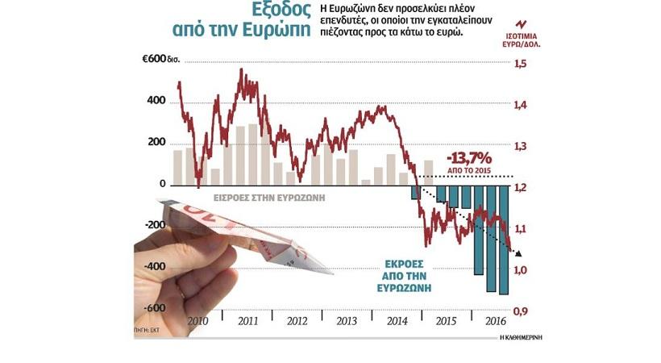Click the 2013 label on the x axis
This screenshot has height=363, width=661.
click(347, 321)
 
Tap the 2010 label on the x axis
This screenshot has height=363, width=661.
click(197, 321)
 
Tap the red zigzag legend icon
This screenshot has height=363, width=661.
click(522, 22)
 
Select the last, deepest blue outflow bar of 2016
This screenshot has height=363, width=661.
click(503, 239)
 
